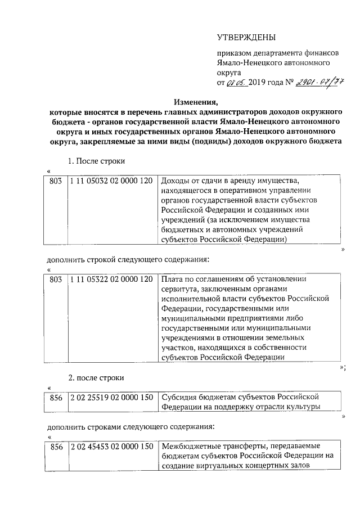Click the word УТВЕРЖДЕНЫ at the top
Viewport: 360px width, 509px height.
point(246,38)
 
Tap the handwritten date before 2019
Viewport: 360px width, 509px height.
point(237,82)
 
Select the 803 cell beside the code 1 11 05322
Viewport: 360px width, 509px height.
point(56,280)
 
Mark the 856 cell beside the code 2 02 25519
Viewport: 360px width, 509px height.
point(56,398)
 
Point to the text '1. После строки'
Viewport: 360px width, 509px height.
point(96,161)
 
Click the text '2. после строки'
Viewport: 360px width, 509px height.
point(96,377)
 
